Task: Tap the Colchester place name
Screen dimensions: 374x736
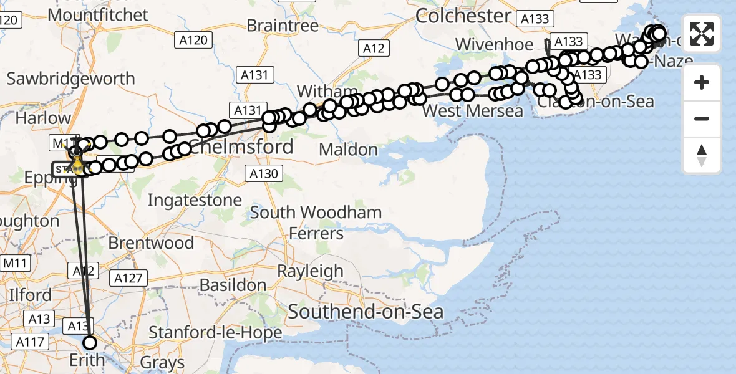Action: pos(463,16)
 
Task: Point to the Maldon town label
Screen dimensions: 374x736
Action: pos(348,150)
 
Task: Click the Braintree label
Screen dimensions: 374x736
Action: pos(283,26)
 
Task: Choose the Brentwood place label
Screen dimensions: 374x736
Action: pos(151,242)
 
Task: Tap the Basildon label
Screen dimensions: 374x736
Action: pos(234,285)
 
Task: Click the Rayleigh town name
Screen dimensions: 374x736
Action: pos(310,271)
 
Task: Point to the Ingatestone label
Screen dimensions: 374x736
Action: pos(195,200)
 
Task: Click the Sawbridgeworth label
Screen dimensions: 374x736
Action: pos(70,79)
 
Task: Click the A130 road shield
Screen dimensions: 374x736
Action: pos(263,173)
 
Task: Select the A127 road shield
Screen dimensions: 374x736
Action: pos(129,279)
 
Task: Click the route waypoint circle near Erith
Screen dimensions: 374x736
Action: pos(90,342)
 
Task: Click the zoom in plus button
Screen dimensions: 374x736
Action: pos(702,82)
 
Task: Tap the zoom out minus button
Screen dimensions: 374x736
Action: pos(702,118)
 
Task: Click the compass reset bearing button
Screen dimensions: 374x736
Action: pos(702,155)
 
